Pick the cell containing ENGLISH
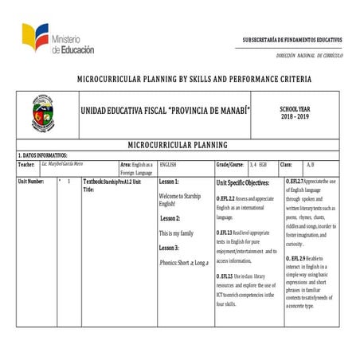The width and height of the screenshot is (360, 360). point(168,163)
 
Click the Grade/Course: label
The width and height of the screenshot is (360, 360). point(229,163)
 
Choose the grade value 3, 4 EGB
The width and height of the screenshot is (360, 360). point(258,163)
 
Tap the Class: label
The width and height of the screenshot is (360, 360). point(286,163)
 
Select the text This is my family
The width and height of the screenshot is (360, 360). point(175,233)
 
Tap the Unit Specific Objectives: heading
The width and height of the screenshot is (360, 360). point(243,183)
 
